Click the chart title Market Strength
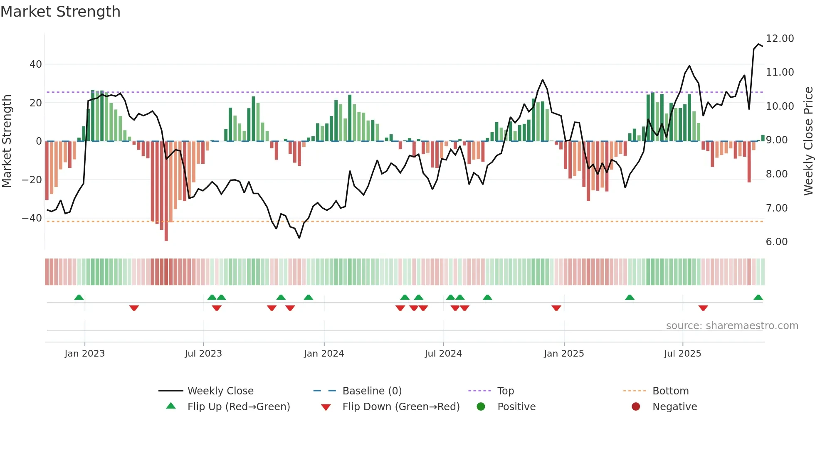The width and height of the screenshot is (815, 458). click(60, 12)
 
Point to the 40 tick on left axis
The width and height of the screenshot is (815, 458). click(36, 64)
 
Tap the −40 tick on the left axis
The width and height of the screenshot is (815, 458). click(32, 218)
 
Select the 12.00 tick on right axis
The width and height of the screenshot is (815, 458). click(780, 39)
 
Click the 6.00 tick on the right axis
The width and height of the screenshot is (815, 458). click(777, 242)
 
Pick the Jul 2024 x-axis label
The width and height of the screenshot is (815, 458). click(443, 354)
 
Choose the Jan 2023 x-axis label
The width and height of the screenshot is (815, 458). click(84, 354)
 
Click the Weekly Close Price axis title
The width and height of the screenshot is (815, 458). click(808, 141)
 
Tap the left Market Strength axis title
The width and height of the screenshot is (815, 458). click(7, 141)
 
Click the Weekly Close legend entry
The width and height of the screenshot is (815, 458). click(220, 391)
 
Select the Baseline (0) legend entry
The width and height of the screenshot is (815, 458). click(372, 391)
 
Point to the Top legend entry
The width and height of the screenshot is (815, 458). click(506, 391)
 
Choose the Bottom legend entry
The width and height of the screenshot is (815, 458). click(670, 391)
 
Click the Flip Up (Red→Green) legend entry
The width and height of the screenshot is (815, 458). click(238, 407)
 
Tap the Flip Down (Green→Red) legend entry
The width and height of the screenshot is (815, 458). click(401, 407)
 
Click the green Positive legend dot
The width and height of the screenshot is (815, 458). click(481, 407)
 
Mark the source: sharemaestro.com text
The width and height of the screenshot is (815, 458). click(732, 326)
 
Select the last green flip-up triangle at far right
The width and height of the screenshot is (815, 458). click(758, 298)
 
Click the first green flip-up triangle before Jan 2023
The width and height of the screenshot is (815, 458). click(79, 298)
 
